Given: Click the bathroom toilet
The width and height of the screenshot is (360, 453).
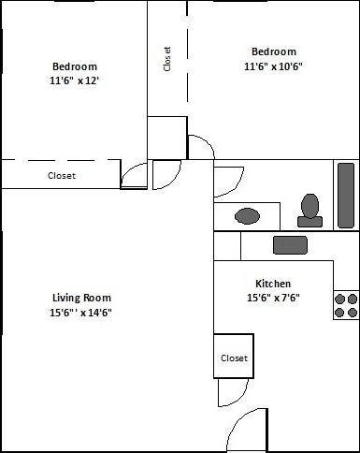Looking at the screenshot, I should point(310,210).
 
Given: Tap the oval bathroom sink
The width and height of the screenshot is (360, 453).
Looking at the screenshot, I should point(248,216).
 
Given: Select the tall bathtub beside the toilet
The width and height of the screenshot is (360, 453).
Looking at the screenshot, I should point(346,195).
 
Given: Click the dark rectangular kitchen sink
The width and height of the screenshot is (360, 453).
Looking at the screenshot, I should point(290,244).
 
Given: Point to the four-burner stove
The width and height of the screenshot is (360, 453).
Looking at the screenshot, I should point(346,304).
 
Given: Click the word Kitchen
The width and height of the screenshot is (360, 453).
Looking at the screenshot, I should point(273,284).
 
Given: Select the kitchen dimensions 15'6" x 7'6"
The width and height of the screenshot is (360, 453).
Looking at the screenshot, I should point(273,299).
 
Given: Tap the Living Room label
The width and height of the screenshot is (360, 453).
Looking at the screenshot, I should point(82,298).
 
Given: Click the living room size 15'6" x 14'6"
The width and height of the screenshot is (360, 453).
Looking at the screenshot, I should point(82,313).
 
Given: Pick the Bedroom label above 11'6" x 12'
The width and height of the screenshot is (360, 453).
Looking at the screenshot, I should point(74,66).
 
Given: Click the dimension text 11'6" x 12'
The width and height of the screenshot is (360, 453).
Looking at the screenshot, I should point(74,81).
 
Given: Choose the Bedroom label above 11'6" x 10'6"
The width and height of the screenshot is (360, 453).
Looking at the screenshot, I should point(273,51).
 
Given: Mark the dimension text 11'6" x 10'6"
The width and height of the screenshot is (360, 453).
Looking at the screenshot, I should point(273,66).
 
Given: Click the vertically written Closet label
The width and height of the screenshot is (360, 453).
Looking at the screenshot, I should point(167,59).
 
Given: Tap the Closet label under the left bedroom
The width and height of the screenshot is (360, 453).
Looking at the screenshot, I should point(62,175).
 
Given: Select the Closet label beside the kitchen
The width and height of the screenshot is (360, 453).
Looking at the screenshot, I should point(234,358).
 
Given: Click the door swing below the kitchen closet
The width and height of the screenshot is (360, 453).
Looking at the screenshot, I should point(231,392).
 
